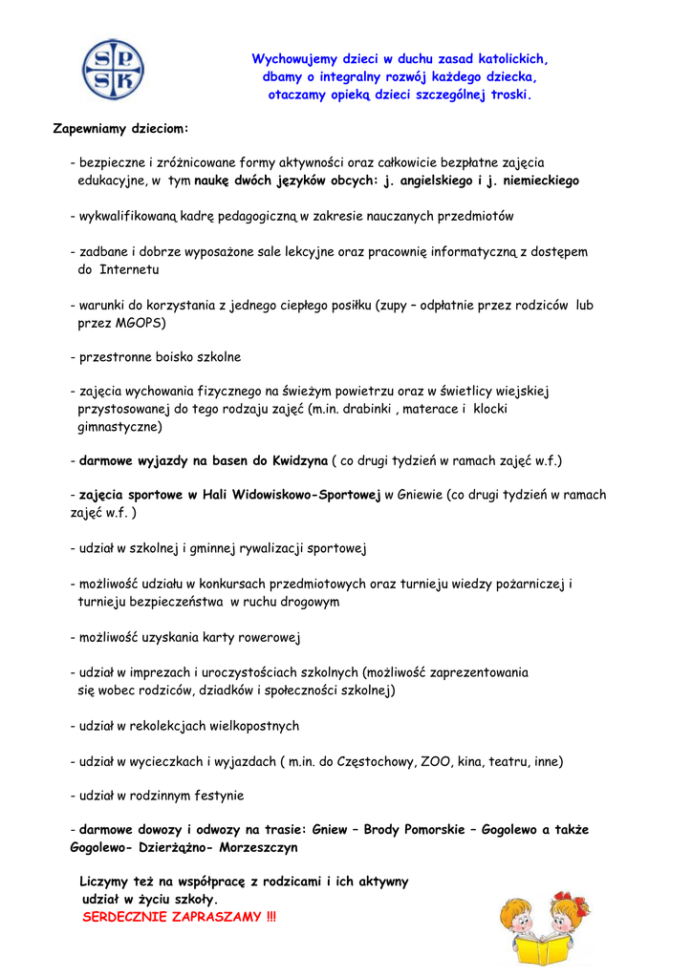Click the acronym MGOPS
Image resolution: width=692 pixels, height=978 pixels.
coord(138,323)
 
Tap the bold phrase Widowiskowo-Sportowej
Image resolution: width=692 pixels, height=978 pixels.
coord(308,495)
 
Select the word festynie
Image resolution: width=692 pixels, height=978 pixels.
coord(215,796)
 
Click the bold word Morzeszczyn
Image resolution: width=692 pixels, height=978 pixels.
coord(259,847)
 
